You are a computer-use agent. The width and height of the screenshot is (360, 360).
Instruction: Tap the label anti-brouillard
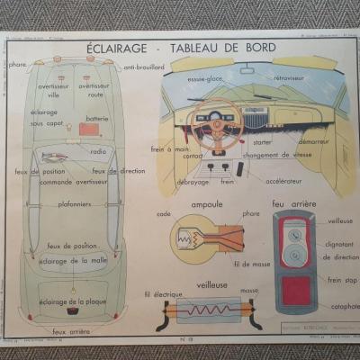coord(143,67)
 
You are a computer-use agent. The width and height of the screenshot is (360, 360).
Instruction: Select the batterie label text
coord(96,118)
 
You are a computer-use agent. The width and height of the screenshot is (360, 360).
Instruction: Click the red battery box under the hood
coord(89,130)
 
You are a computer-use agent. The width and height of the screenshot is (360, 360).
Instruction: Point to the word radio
coord(97,151)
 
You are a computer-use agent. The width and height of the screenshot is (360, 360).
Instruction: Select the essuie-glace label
coord(205,78)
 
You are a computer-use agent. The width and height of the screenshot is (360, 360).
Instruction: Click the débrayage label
coord(192,181)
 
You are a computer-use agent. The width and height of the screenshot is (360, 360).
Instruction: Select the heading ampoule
coord(206,204)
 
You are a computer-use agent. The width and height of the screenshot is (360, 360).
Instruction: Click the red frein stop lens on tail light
coord(293,289)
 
